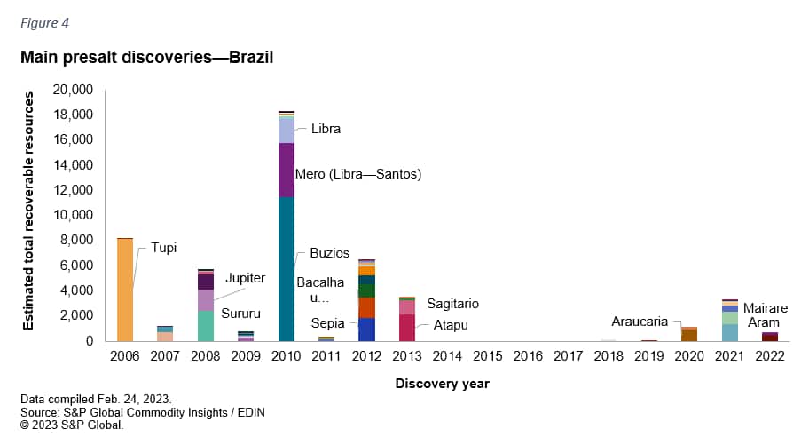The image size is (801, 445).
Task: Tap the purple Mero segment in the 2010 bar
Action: tap(286, 170)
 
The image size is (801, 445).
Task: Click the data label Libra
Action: tap(326, 129)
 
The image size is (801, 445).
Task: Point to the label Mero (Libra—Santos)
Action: tap(365, 174)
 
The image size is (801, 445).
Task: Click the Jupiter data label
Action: tap(244, 278)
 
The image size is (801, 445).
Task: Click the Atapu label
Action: tap(451, 325)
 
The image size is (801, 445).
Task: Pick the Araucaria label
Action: tap(640, 322)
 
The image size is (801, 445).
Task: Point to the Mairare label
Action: tap(765, 308)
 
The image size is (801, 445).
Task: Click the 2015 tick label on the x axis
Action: tap(487, 357)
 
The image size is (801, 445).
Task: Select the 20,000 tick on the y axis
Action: tap(73, 90)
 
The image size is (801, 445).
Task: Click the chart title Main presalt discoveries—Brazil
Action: tap(146, 58)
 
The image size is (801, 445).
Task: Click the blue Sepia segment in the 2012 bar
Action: tap(366, 330)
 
